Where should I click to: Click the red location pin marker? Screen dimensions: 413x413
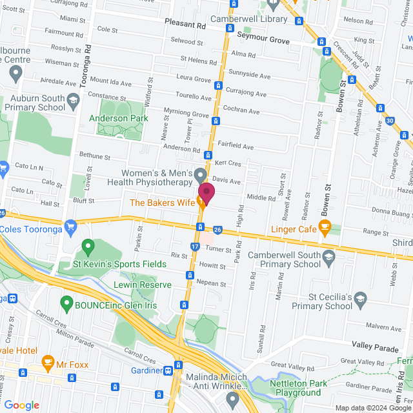[x=206, y=192]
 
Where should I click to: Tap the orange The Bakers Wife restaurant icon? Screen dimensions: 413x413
[x=201, y=203]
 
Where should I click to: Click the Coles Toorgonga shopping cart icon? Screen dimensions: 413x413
[x=71, y=226]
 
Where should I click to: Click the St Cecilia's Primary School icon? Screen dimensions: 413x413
[x=360, y=297]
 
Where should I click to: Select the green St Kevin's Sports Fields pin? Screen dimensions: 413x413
[x=88, y=247]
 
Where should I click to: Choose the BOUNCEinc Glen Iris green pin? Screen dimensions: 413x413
[x=66, y=302]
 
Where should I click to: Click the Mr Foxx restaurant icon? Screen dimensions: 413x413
[x=46, y=362]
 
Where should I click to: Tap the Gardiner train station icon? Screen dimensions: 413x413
[x=168, y=370]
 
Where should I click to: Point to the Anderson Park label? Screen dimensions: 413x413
[x=118, y=118]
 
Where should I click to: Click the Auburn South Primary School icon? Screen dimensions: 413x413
[x=73, y=100]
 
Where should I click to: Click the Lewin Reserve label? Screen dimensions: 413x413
[x=143, y=285]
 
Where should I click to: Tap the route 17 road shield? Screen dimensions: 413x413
[x=195, y=246]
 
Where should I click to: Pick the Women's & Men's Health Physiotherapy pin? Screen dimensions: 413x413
[x=201, y=175]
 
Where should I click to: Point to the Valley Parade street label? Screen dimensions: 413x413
[x=375, y=348]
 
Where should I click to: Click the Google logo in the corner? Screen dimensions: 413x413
[x=21, y=405]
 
